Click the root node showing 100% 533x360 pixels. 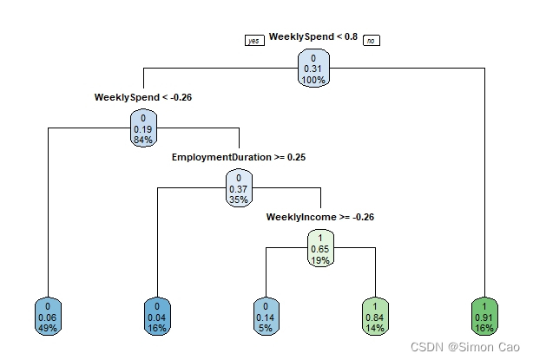pos(313,69)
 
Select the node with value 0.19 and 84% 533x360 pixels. pos(143,128)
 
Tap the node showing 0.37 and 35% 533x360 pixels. pos(239,188)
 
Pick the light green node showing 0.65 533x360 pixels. pos(320,248)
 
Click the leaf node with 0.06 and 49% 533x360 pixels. pos(48,317)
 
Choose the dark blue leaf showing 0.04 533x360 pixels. pos(157,317)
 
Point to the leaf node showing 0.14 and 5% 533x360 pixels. pos(266,317)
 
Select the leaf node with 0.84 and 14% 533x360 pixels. pos(375,317)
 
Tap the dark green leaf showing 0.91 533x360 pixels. pos(484,317)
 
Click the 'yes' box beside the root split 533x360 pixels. pos(254,41)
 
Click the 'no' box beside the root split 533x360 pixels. pos(372,41)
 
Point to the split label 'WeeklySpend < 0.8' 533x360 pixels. pos(313,36)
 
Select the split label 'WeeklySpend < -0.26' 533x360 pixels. pos(143,97)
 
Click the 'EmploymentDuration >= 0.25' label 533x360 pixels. pos(239,157)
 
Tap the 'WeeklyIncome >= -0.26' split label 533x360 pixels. pos(320,217)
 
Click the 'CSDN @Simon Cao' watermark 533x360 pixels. pos(465,347)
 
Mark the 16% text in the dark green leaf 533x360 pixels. pos(484,328)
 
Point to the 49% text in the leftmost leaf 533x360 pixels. pos(48,328)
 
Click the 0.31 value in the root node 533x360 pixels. pos(313,69)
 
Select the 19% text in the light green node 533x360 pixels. pos(320,260)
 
